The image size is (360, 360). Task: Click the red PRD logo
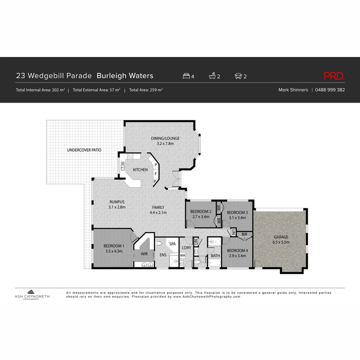pyautogui.click(x=334, y=76)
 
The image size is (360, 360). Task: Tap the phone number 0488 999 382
pyautogui.click(x=330, y=90)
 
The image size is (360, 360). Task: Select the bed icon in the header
pyautogui.click(x=186, y=76)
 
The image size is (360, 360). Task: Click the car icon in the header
pyautogui.click(x=238, y=76)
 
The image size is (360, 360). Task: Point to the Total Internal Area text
pyautogui.click(x=40, y=90)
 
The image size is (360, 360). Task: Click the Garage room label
pyautogui.click(x=281, y=237)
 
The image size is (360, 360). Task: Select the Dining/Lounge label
pyautogui.click(x=165, y=138)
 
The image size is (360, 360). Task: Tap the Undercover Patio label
pyautogui.click(x=84, y=150)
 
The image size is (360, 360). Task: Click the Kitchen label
pyautogui.click(x=140, y=170)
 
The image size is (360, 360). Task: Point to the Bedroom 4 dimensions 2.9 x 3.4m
pyautogui.click(x=236, y=256)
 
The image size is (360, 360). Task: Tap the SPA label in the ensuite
pyautogui.click(x=172, y=244)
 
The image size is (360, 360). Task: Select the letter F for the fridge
pyautogui.click(x=155, y=174)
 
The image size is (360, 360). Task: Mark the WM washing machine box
pyautogui.click(x=183, y=255)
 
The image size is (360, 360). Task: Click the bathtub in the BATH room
pyautogui.click(x=214, y=263)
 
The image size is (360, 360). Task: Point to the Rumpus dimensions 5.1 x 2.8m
pyautogui.click(x=117, y=207)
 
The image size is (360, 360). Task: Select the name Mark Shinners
pyautogui.click(x=293, y=90)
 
